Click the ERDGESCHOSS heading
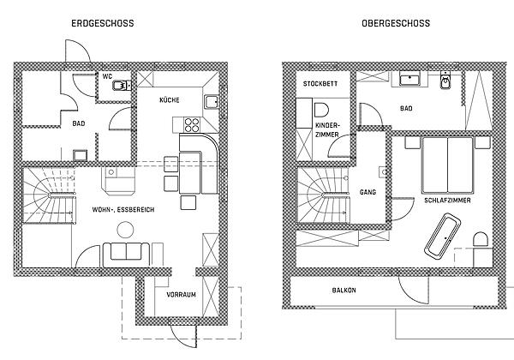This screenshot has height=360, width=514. click(103, 23)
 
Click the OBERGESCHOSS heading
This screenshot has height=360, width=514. click(396, 23)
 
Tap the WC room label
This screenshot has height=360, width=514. click(107, 77)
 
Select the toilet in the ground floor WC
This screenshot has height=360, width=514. click(122, 86)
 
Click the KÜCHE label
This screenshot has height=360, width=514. click(170, 100)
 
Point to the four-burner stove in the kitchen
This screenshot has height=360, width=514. click(191, 124)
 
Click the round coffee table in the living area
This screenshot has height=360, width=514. click(125, 229)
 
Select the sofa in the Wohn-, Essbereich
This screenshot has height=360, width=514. click(126, 255)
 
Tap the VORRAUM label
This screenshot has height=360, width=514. click(181, 295)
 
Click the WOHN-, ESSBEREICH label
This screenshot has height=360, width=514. click(123, 209)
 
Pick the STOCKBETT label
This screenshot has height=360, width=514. click(320, 84)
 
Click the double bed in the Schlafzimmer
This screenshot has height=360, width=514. click(448, 165)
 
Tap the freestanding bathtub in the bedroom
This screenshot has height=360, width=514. click(443, 234)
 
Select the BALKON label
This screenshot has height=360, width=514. click(344, 291)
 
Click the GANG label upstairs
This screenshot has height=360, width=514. click(368, 193)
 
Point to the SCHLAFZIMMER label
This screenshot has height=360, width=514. click(447, 201)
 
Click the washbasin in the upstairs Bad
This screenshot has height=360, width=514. click(409, 80)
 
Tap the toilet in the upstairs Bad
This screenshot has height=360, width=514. click(445, 81)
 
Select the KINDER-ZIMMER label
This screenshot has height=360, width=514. click(327, 130)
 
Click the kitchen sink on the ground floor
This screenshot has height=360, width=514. click(211, 102)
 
